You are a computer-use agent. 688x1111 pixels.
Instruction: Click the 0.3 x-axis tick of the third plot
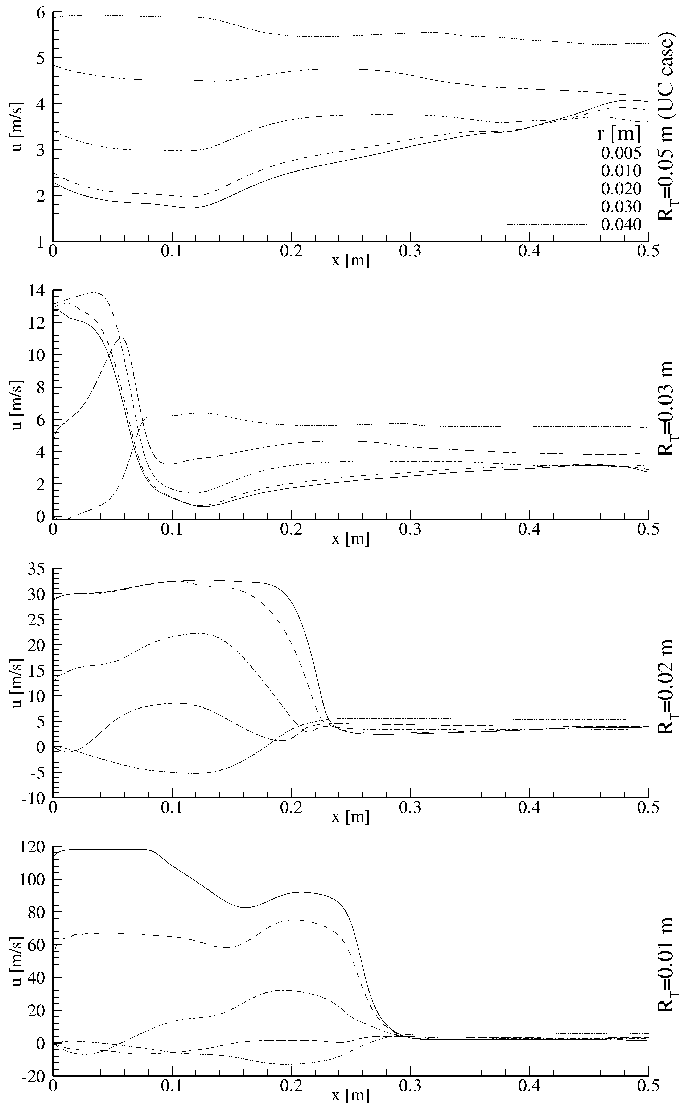[x=410, y=808]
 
